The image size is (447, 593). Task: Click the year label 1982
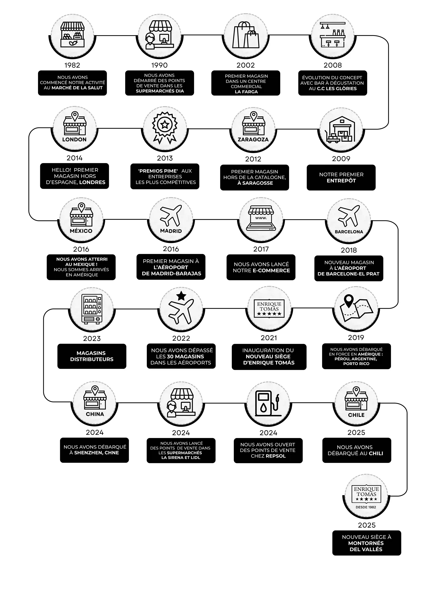tap(72, 65)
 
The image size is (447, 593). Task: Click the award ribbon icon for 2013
tap(164, 128)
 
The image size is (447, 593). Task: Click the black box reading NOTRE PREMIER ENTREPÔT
tap(341, 177)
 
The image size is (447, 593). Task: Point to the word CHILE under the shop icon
tap(356, 415)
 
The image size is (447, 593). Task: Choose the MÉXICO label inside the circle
tap(81, 231)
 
